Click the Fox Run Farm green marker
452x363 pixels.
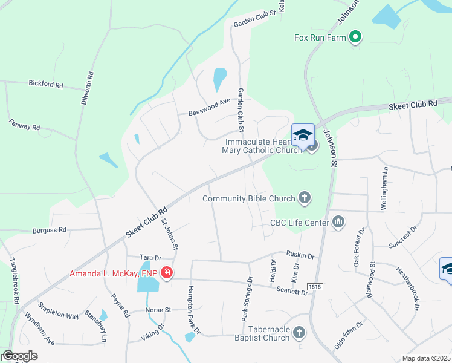point(356,38)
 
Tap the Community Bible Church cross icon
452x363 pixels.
point(305,198)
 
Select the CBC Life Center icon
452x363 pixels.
point(338,223)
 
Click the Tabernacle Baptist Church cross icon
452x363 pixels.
point(299,332)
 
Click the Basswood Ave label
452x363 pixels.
point(209,107)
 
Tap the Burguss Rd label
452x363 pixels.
point(50,230)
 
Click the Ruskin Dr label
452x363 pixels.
point(302,256)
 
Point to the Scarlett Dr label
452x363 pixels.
point(292,290)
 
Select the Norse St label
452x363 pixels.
point(158,310)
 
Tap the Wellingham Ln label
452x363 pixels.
point(384,192)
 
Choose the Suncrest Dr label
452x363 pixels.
point(403,238)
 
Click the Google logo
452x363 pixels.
point(19,356)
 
